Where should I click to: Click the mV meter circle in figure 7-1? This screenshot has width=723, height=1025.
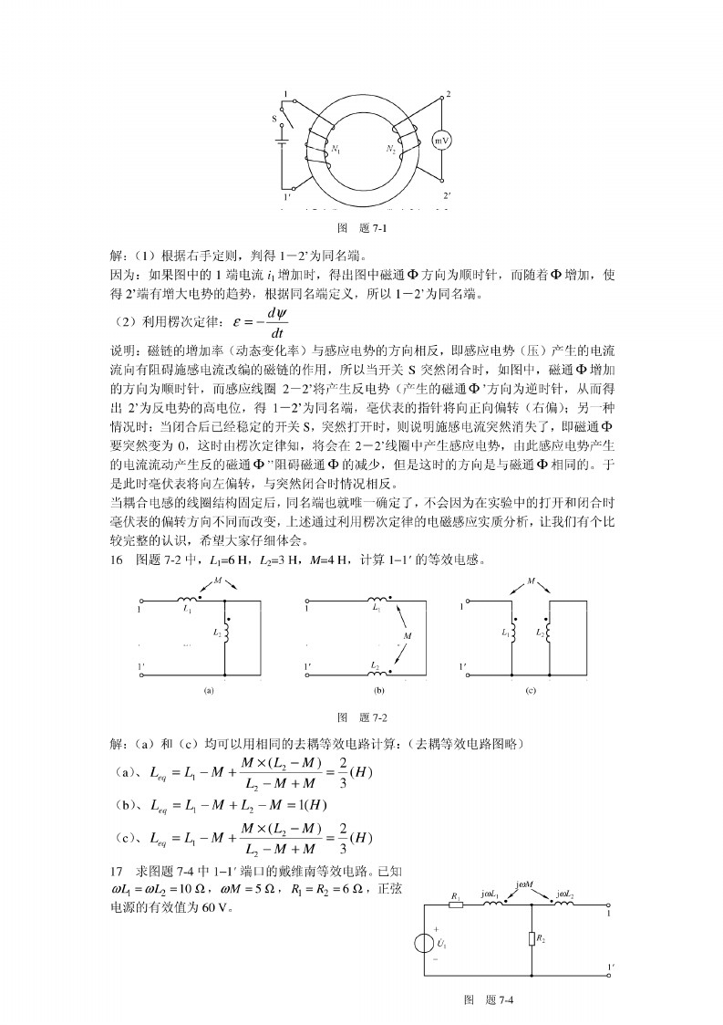coord(441,141)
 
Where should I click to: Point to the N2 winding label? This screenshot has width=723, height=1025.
coord(391,146)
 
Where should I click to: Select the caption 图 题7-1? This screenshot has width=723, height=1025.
coord(361,228)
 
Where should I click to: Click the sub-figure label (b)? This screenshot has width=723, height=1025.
coord(379,691)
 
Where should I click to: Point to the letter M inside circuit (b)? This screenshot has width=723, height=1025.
coord(408,633)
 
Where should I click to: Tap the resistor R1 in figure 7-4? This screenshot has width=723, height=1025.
coord(456,905)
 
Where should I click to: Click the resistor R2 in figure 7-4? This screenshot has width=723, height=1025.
coord(531,937)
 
